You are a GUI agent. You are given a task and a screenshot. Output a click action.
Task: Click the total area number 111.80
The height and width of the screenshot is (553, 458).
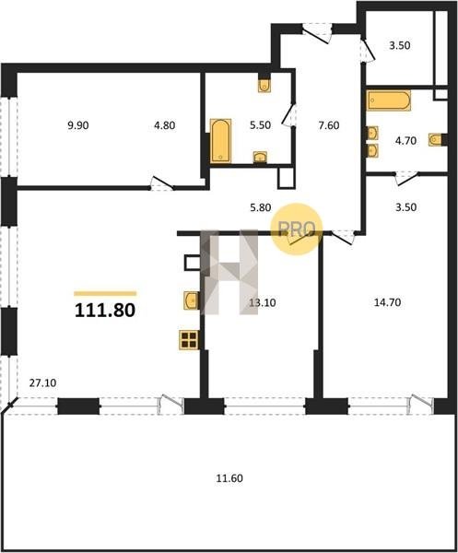point(105,311)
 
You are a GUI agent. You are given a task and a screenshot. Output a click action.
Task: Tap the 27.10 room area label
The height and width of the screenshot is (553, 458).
point(42,383)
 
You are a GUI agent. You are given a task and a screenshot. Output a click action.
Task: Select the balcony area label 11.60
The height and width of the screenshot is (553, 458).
point(229,478)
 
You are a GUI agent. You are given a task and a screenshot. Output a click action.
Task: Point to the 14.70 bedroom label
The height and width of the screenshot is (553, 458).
point(387,302)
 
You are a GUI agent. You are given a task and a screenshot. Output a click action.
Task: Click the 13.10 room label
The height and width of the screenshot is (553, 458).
point(263,302)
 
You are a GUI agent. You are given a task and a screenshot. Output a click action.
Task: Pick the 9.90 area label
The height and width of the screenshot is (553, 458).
point(78,125)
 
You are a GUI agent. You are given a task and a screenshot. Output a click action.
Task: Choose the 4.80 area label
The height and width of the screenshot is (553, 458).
point(165,125)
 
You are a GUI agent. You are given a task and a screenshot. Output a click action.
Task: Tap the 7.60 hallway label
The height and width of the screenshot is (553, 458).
point(329,125)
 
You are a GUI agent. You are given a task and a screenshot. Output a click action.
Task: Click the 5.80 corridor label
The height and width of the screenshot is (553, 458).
point(261,207)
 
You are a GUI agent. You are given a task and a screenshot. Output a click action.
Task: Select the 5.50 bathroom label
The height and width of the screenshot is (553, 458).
point(260,125)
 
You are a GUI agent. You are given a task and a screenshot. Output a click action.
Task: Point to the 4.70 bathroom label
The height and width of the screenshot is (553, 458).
point(405,141)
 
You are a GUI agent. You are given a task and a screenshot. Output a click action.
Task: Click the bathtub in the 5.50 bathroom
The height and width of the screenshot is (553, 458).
point(221,141)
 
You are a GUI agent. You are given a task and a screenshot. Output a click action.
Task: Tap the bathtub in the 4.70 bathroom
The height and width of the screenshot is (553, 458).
point(389,100)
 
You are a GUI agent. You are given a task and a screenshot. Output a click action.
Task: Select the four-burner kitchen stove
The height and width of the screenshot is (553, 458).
point(189,340)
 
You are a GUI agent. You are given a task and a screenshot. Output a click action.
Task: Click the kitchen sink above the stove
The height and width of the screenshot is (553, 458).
point(191,300)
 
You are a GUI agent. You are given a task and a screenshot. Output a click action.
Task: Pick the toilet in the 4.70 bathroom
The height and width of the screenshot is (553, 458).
point(437,140)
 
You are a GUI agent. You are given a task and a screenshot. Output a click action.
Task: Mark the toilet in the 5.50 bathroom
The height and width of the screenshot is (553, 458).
point(264,86)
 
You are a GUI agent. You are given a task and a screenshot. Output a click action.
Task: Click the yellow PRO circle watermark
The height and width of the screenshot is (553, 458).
point(297,229)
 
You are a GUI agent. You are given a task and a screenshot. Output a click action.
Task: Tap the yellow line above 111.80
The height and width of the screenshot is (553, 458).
point(105,293)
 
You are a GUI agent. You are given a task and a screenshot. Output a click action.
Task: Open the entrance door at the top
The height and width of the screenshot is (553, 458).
point(317,34)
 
